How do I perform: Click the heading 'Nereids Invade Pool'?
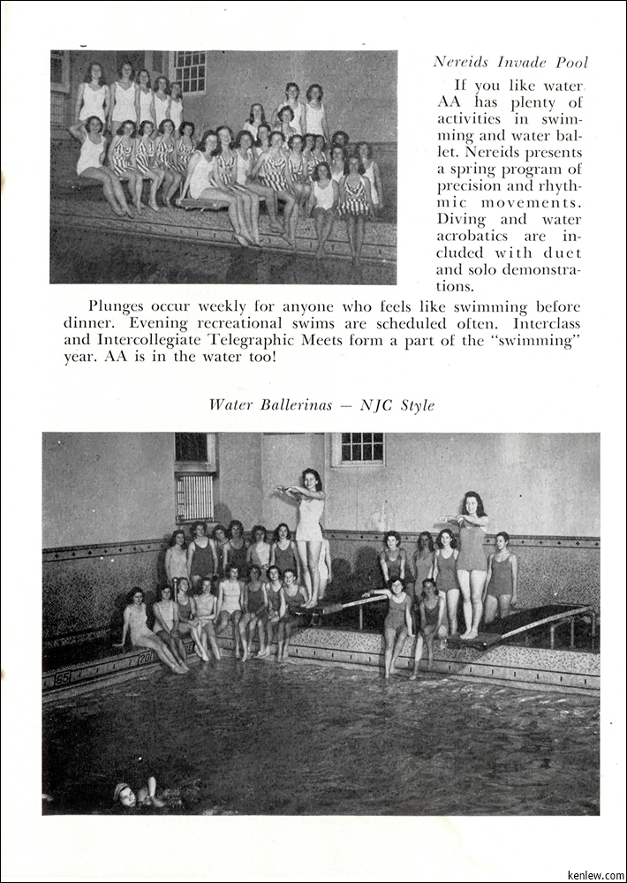[x=510, y=63]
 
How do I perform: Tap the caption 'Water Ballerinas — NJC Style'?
[x=321, y=405]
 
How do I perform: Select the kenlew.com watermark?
[x=596, y=875]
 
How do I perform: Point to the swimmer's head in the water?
[x=124, y=792]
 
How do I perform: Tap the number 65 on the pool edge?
[x=62, y=678]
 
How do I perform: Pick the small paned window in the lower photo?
[x=359, y=449]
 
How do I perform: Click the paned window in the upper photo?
[x=190, y=72]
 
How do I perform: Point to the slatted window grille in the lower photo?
[x=195, y=497]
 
